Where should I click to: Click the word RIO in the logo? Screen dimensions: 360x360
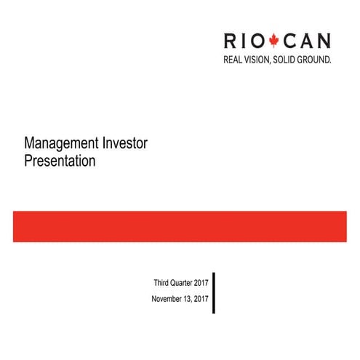(246, 41)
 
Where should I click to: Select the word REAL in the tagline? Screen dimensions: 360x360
(233, 59)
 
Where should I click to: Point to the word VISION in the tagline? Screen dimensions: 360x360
(261, 59)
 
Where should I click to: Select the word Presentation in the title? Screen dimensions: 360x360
(60, 161)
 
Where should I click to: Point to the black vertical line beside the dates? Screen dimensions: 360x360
(214, 292)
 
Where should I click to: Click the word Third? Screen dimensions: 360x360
(161, 282)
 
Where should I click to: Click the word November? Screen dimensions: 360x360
(168, 300)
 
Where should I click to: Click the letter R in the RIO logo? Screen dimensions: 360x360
(231, 41)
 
